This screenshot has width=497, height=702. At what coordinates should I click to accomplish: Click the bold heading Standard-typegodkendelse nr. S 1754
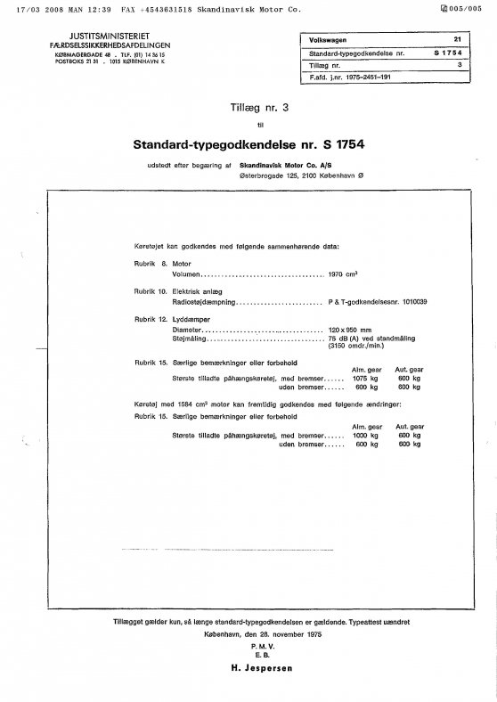(250, 143)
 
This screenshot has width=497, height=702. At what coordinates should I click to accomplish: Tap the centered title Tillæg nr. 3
(248, 107)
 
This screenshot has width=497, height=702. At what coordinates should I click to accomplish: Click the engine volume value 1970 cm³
(341, 275)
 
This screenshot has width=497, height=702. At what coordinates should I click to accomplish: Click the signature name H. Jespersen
(250, 666)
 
